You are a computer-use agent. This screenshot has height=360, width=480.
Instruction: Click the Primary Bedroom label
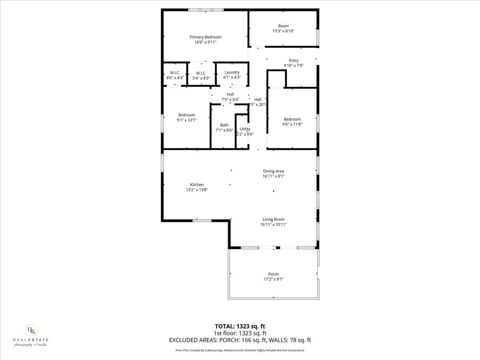coord(205,37)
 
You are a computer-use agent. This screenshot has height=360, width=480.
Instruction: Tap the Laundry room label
coord(232,72)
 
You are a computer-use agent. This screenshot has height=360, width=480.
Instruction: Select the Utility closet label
coord(245,129)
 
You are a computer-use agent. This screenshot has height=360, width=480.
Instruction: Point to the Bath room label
coord(224,125)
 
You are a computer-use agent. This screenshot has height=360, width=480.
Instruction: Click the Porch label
coord(274,274)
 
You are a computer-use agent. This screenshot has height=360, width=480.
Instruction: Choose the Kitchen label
coord(197,185)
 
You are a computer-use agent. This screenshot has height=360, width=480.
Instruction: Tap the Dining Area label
coord(274,171)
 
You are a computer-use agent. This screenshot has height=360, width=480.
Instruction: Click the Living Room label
coord(274,219)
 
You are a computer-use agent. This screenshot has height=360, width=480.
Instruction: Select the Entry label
coord(294,61)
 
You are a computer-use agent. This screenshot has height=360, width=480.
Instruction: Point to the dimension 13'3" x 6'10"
coord(284,31)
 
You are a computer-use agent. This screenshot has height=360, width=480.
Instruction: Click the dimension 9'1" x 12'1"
coord(187,120)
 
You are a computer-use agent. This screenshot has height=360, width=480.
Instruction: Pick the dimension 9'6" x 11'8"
coord(292,124)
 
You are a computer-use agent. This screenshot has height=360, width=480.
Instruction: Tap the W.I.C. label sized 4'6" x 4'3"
coord(175,72)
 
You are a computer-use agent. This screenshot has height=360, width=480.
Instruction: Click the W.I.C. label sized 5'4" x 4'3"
coord(201,73)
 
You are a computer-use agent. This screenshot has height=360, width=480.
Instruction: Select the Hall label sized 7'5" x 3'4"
coord(230,94)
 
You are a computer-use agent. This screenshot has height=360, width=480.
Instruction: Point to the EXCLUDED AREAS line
coord(240,340)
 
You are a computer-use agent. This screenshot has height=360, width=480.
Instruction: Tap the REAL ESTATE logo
coord(31,335)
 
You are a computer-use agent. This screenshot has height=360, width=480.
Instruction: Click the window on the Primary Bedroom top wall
coord(206,10)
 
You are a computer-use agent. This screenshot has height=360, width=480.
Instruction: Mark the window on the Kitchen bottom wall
coord(202,220)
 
